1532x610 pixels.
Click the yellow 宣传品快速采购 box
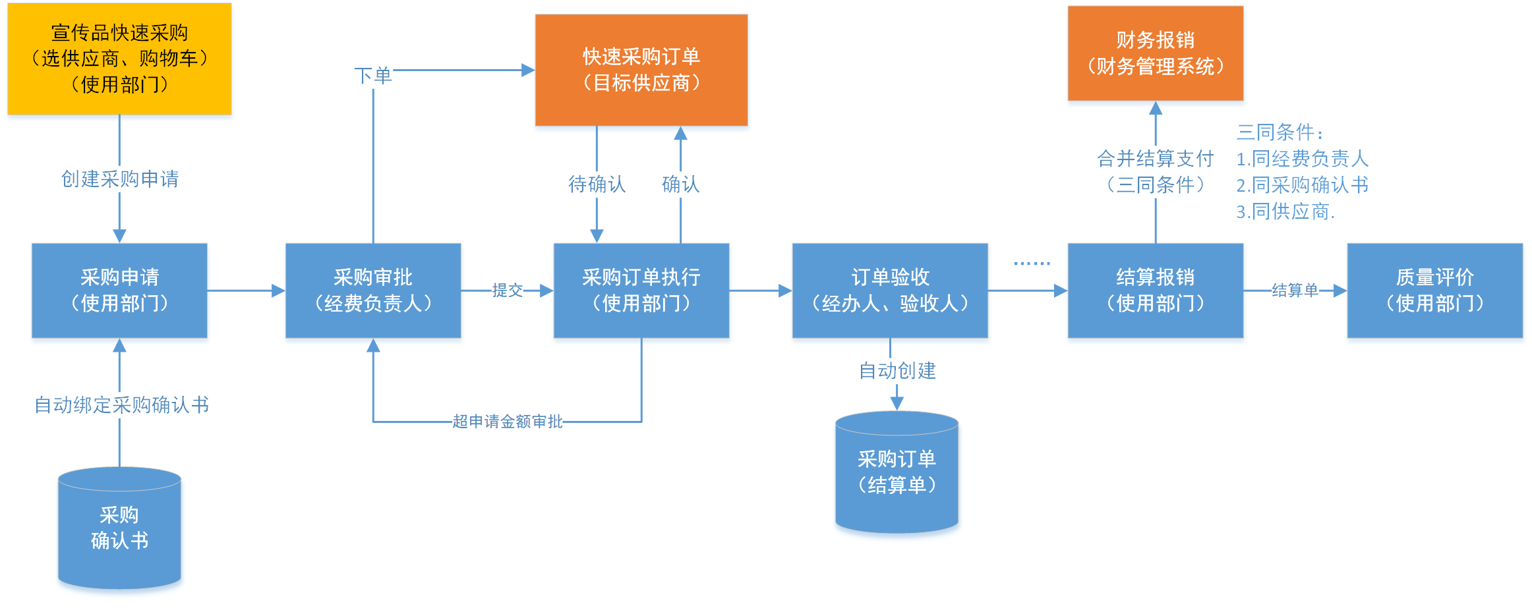(119, 59)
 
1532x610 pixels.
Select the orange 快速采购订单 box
(641, 70)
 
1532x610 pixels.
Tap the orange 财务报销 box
(1155, 53)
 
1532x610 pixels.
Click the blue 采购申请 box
(119, 291)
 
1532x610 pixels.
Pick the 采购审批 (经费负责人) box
(373, 291)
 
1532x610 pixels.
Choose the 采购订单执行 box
(641, 291)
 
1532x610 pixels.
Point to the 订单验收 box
(890, 291)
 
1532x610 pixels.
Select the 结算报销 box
(1155, 291)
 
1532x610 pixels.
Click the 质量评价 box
(1434, 291)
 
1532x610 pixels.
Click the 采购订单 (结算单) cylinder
(897, 472)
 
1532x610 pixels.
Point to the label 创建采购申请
(119, 179)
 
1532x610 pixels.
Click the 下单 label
(373, 76)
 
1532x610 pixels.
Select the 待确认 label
(597, 184)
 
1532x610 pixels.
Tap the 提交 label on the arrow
(507, 291)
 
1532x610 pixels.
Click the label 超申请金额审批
(507, 422)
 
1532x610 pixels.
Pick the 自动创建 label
(897, 371)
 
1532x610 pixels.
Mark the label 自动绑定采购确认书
(121, 405)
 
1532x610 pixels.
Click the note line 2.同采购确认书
(1302, 185)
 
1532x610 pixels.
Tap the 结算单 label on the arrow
(1295, 291)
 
